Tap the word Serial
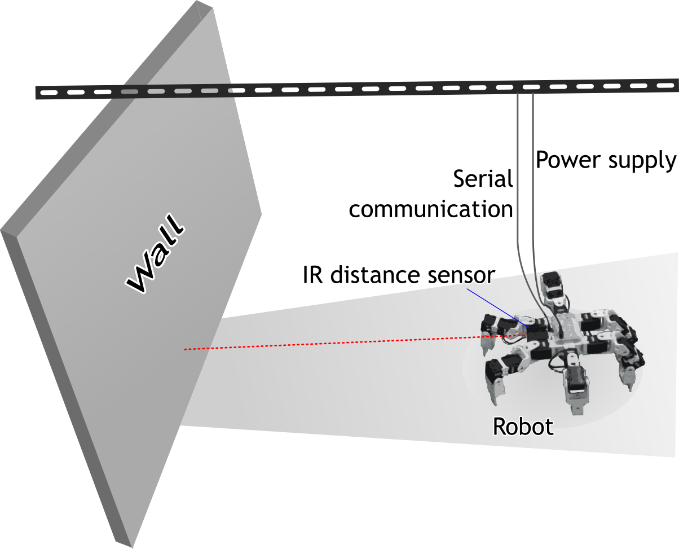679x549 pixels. pos(483,180)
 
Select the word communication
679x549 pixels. pos(431,209)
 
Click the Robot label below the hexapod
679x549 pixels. pos(523,427)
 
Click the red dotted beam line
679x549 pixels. pos(338,342)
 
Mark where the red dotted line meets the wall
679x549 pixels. pos(185,350)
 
